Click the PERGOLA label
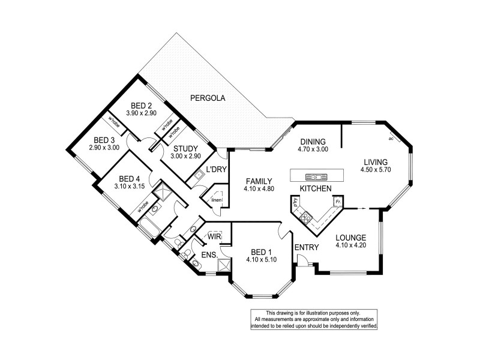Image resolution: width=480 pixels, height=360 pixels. pyautogui.click(x=208, y=97)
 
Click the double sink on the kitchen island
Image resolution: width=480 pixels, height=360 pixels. pyautogui.click(x=315, y=176)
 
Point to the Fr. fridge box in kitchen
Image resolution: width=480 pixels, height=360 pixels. pyautogui.click(x=338, y=202)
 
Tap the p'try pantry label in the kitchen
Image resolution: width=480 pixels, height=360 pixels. pyautogui.click(x=295, y=204)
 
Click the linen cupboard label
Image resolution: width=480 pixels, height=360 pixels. pyautogui.click(x=217, y=200)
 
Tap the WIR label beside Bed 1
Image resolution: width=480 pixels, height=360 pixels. pyautogui.click(x=214, y=236)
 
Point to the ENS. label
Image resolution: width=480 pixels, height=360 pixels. pyautogui.click(x=209, y=255)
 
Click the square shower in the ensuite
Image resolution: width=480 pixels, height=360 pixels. pyautogui.click(x=224, y=265)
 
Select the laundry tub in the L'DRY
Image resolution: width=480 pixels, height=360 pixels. pyautogui.click(x=198, y=176)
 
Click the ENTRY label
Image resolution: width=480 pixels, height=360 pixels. pyautogui.click(x=302, y=247)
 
